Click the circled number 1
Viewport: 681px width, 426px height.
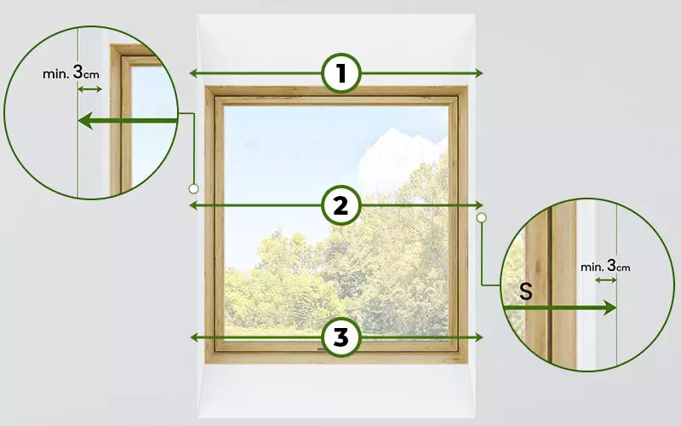tap(341, 73)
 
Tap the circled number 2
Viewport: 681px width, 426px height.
tap(341, 205)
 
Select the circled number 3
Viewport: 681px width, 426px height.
tap(341, 337)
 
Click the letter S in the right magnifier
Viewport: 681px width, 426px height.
tap(526, 291)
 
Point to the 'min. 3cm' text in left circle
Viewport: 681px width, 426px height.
tap(71, 72)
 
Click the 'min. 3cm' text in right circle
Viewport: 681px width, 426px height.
tap(605, 266)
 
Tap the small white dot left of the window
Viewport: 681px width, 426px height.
tap(194, 188)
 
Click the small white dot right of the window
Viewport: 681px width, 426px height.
tap(481, 217)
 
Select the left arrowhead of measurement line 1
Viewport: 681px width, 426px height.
tap(193, 73)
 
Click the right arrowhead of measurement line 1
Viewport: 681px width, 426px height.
tap(479, 73)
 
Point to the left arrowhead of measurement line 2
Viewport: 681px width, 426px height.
tap(193, 205)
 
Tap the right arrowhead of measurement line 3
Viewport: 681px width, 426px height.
tap(479, 337)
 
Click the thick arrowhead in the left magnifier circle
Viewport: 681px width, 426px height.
tap(85, 120)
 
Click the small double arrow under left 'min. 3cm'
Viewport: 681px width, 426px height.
tap(89, 89)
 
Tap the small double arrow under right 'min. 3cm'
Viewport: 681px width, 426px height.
tap(606, 280)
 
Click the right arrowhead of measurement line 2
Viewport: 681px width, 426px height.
tap(479, 205)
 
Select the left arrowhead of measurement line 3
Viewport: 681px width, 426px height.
tap(193, 337)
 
